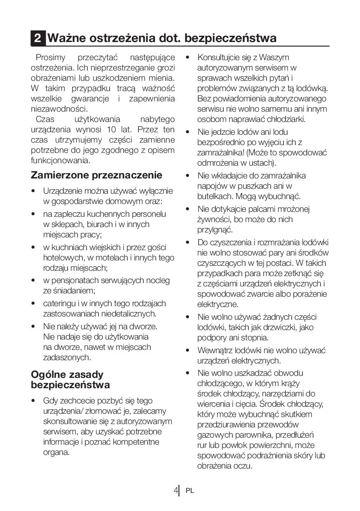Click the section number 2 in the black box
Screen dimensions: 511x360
(37, 38)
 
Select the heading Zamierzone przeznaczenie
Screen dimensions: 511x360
(96, 175)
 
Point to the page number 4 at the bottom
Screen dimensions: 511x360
(176, 490)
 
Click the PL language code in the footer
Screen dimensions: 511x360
(189, 491)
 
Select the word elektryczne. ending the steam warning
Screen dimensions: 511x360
(217, 305)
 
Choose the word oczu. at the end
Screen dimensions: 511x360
(242, 466)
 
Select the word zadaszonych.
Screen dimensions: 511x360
(67, 357)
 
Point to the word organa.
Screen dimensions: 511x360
(56, 452)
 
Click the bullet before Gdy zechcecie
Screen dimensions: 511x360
(33, 401)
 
